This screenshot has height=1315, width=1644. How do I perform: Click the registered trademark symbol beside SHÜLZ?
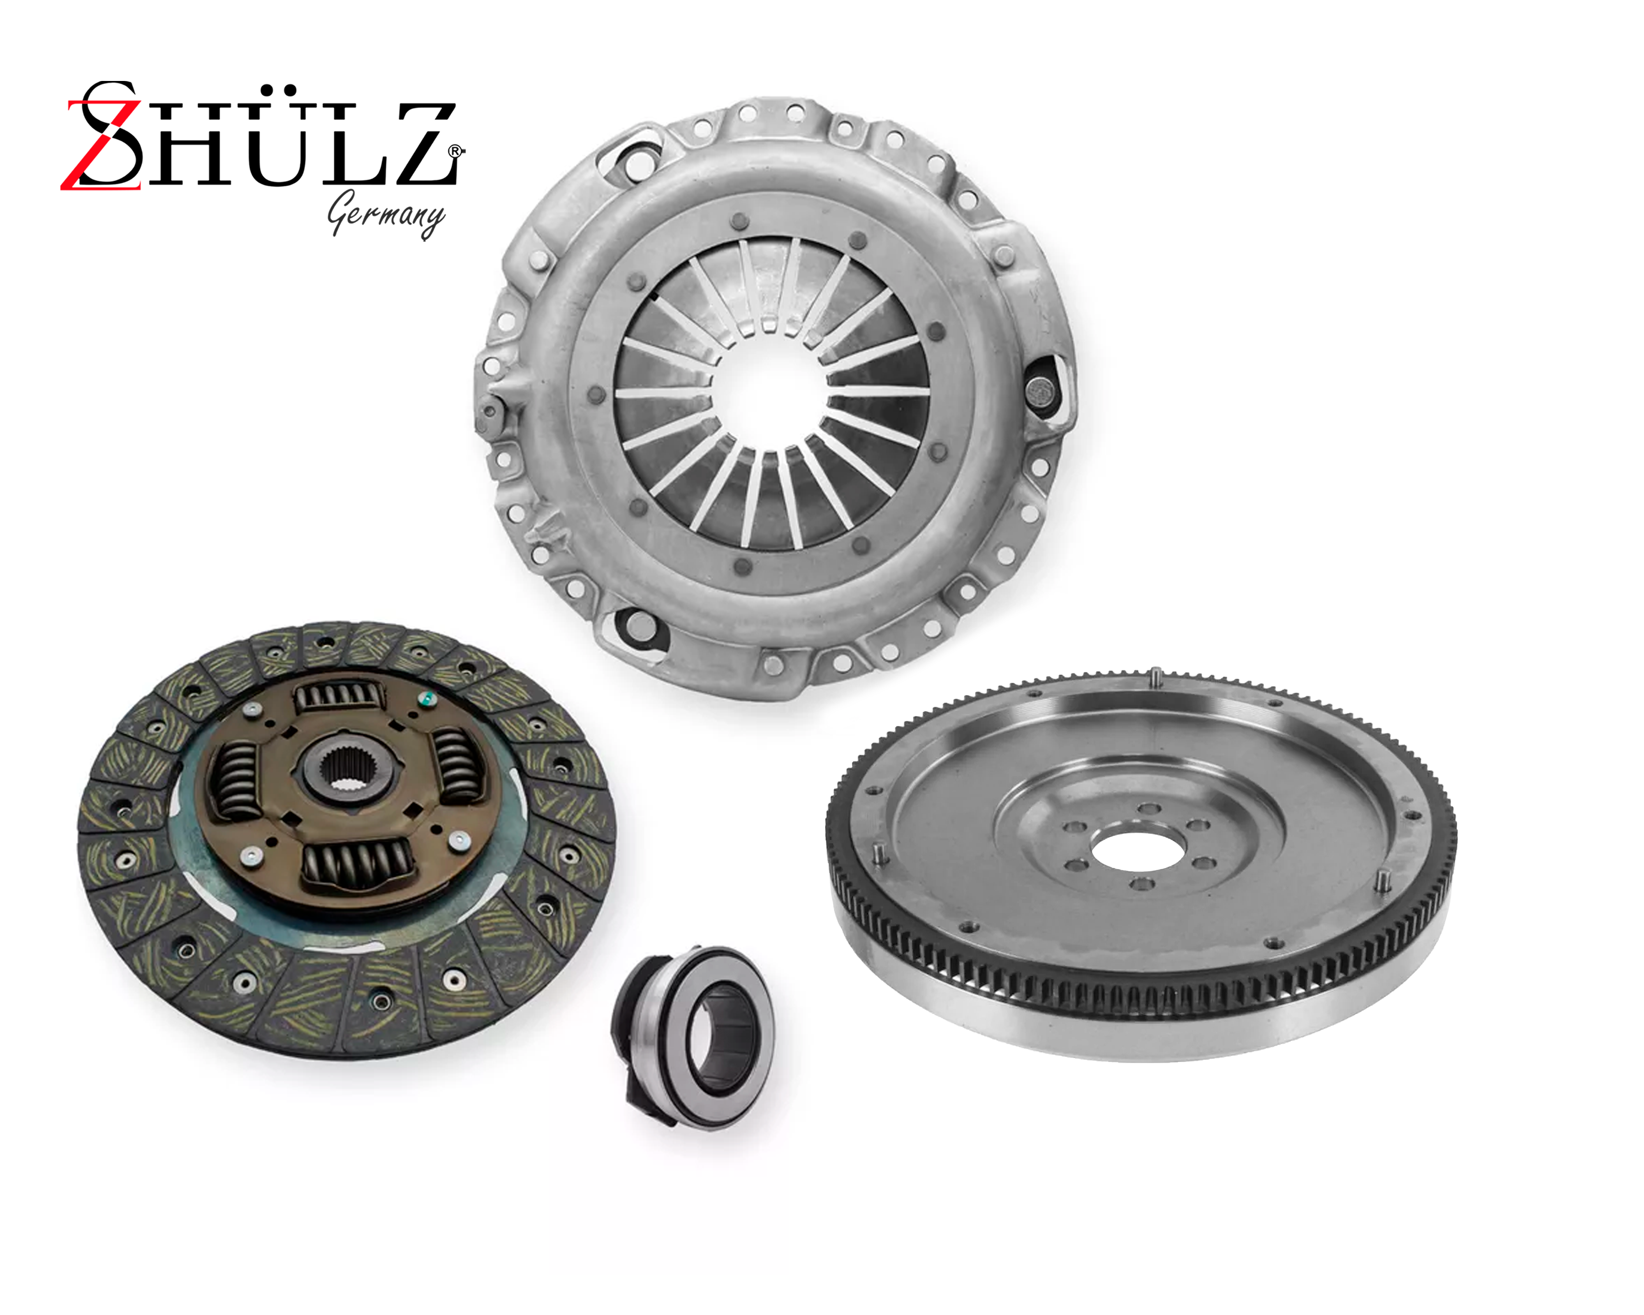coord(455,152)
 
